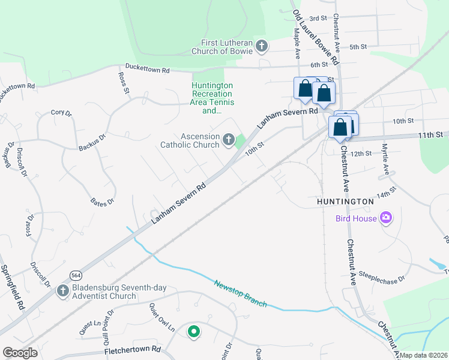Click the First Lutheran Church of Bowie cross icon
pos(261,46)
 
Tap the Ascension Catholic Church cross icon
pos(228,140)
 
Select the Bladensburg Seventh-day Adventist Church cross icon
pos(62,291)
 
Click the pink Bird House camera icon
pos(385,218)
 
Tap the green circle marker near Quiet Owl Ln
pos(193,331)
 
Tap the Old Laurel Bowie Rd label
pos(316,37)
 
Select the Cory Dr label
pos(61,112)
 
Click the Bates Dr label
pos(101,203)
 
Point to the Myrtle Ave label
pos(385,162)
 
